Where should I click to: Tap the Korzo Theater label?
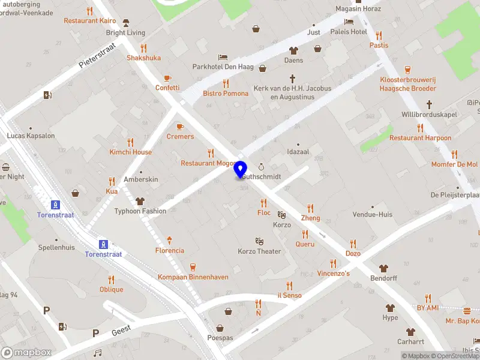click(x=259, y=251)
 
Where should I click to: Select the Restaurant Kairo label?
click(x=91, y=21)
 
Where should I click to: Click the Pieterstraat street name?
click(x=97, y=58)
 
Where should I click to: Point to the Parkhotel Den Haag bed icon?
click(x=223, y=57)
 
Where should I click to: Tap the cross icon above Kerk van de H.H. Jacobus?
click(x=293, y=79)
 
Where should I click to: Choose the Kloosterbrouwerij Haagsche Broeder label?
click(x=407, y=84)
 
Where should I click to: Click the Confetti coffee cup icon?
click(x=167, y=78)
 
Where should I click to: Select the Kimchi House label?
click(x=130, y=152)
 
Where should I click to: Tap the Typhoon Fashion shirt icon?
click(x=140, y=202)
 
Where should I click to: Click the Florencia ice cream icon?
click(x=170, y=240)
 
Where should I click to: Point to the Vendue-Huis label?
click(x=372, y=214)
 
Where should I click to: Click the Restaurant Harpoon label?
click(x=420, y=138)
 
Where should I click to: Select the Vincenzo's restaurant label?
click(x=333, y=274)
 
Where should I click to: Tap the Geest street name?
click(x=121, y=332)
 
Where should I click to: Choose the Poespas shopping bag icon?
click(x=220, y=328)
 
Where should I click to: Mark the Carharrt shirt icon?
click(x=410, y=332)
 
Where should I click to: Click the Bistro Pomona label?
click(x=226, y=94)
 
